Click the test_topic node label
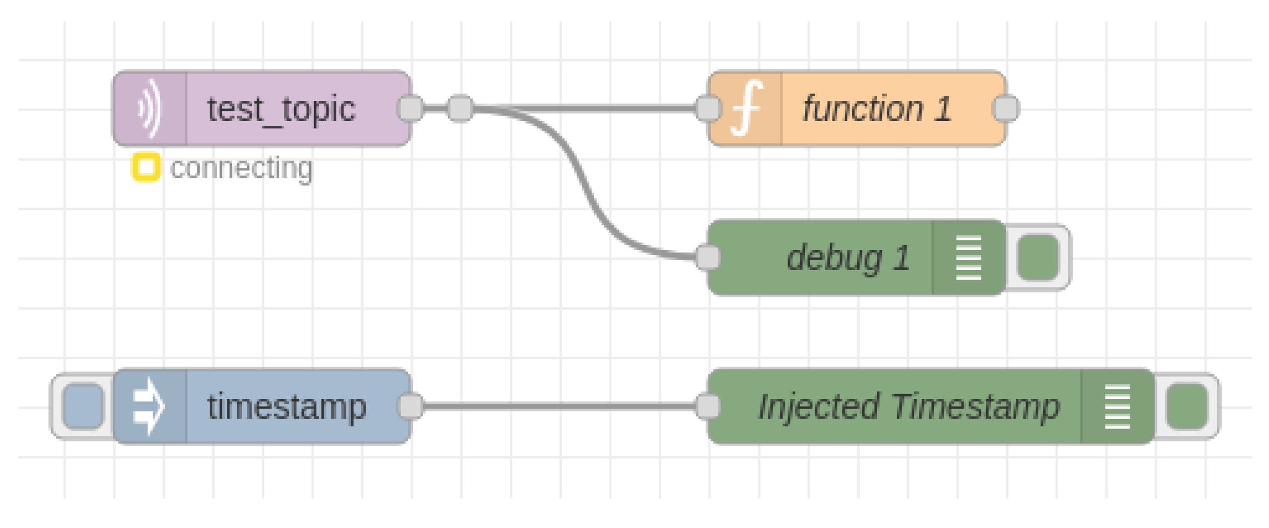tap(281, 109)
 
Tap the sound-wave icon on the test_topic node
tap(150, 109)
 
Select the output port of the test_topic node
tap(411, 108)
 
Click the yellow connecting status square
tap(146, 167)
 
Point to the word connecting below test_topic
tap(241, 168)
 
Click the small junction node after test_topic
tap(460, 108)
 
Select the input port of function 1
tap(708, 108)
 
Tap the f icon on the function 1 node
tap(746, 108)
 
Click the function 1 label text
tap(877, 109)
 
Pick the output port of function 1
tap(1006, 108)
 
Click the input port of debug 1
tap(708, 257)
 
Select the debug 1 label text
tap(848, 258)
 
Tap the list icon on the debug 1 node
tap(968, 258)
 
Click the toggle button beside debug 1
tap(1038, 258)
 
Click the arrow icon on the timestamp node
tap(149, 406)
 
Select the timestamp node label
tap(287, 406)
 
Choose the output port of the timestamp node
tap(411, 406)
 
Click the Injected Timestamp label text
tap(909, 406)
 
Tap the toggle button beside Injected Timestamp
tap(1187, 406)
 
